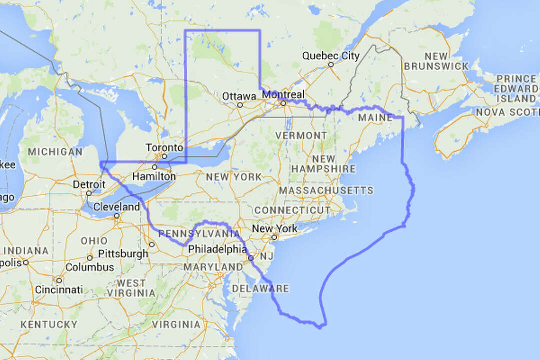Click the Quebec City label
[x=330, y=56]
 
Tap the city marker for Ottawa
[x=240, y=105]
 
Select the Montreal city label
[x=283, y=94]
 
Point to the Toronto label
[x=164, y=148]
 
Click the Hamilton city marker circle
[x=154, y=167]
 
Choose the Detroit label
[x=89, y=184]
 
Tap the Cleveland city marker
[x=116, y=216]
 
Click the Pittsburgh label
[x=123, y=253]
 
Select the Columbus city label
[x=90, y=267]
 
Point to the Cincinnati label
[x=59, y=290]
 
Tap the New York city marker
[x=274, y=237]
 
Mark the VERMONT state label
[x=300, y=136]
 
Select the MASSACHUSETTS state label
[x=326, y=190]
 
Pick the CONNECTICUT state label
[x=292, y=210]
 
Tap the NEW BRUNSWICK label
[x=436, y=61]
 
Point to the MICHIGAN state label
[x=55, y=151]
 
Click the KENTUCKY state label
[x=49, y=325]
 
